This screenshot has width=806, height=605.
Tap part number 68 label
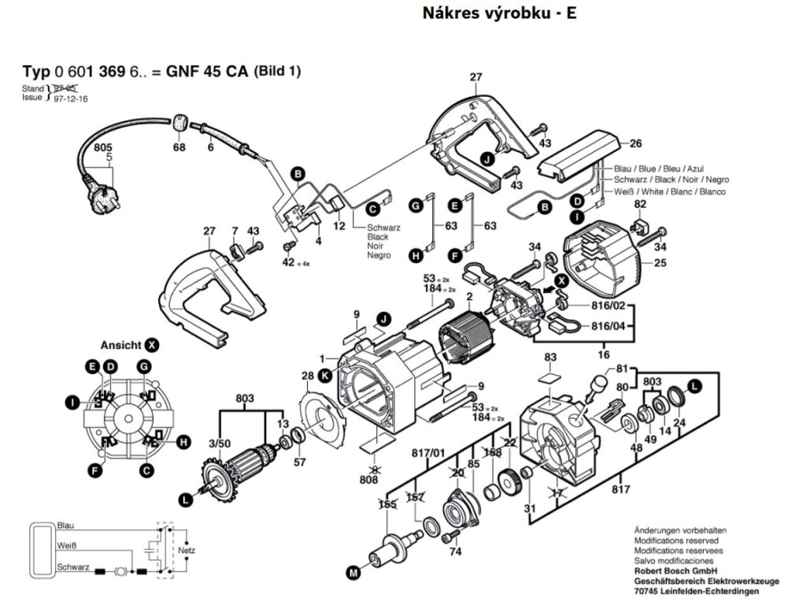coord(179,147)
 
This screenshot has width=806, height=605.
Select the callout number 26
coord(636,143)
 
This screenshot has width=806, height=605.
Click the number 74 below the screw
coord(454,553)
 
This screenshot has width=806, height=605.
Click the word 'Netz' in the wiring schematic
coord(186,548)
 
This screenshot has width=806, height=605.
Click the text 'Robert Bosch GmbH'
coord(675,570)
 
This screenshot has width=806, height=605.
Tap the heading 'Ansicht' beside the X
coord(120,345)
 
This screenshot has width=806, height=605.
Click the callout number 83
coord(549,358)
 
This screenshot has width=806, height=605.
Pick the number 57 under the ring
coord(299,462)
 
